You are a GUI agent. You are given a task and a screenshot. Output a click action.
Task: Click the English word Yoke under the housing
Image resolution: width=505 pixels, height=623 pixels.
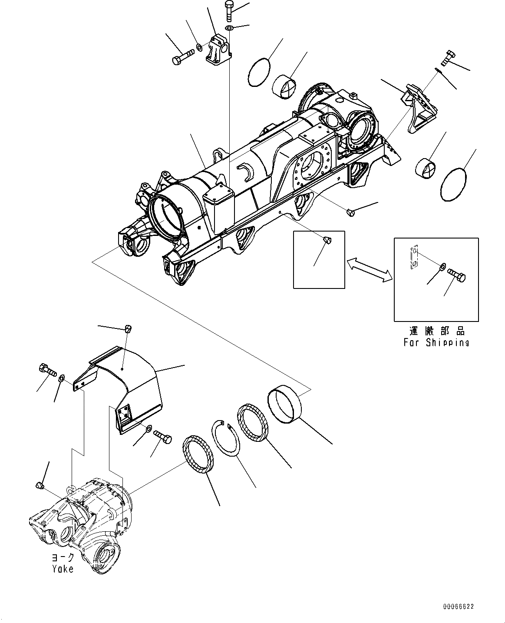63,569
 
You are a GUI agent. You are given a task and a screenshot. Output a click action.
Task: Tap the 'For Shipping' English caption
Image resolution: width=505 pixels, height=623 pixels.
436,342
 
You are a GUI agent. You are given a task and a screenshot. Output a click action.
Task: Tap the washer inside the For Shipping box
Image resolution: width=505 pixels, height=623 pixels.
442,266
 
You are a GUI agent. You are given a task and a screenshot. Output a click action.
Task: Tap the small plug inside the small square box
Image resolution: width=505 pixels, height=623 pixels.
328,239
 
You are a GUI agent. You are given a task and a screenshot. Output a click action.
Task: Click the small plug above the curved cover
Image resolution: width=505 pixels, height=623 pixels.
128,329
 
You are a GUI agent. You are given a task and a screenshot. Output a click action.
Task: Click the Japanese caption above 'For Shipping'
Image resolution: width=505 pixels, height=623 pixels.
436,331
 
